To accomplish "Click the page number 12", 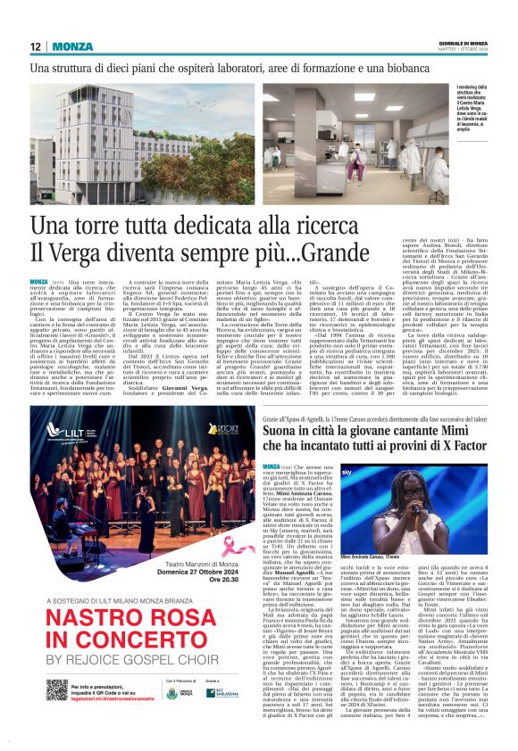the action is pyautogui.click(x=35, y=46).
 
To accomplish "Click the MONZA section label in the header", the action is pyautogui.click(x=72, y=46).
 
